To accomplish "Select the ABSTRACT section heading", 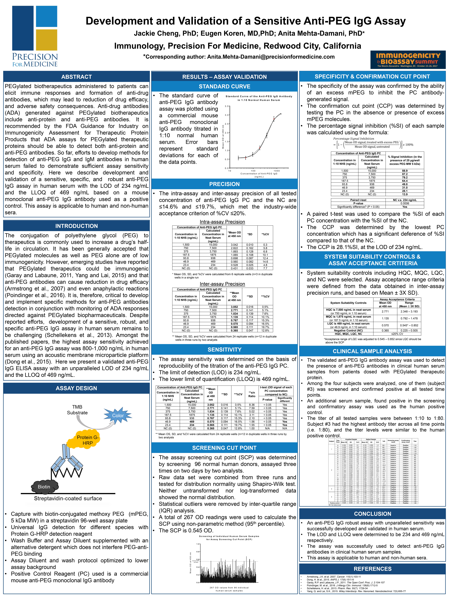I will tap(76, 77).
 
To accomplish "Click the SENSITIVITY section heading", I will tap(224, 350).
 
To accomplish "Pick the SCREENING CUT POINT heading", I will tap(224, 448).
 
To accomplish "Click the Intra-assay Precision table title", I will tap(222, 222).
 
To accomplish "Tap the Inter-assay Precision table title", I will tap(222, 284).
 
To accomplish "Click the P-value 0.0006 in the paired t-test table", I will tap(405, 203).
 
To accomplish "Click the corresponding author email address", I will tap(271, 57).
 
